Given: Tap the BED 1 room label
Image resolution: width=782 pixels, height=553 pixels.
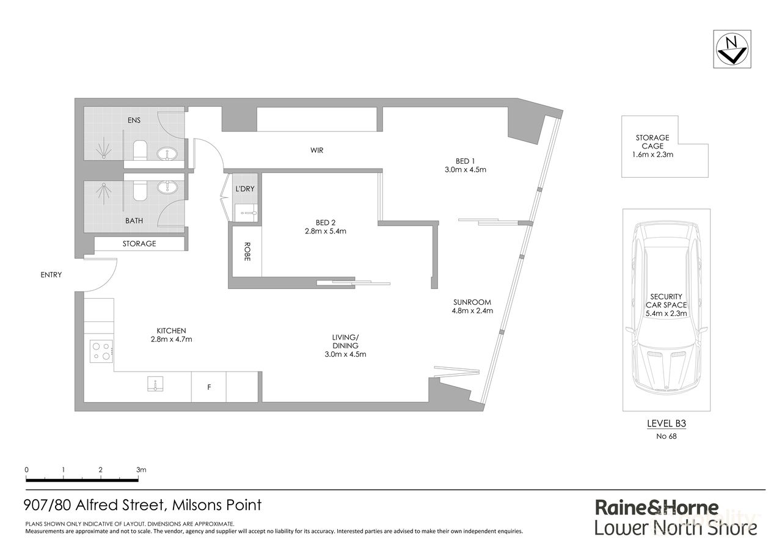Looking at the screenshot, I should tap(465, 161).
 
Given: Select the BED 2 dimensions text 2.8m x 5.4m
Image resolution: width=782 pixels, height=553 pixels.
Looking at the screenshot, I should tap(326, 232).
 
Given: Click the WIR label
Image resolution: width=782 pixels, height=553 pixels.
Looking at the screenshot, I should tap(316, 150).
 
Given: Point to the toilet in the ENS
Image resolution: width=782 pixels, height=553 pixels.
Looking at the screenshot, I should tap(139, 150).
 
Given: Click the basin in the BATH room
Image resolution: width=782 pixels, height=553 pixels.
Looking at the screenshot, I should tap(166, 188).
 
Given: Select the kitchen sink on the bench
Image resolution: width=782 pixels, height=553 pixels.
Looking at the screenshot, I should tap(155, 384).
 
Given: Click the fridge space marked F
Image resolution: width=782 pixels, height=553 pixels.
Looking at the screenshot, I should tap(209, 387).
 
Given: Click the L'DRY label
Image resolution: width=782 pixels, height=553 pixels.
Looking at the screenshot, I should tap(245, 189).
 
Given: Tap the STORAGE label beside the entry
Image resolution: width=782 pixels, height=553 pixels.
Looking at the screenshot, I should tap(139, 243).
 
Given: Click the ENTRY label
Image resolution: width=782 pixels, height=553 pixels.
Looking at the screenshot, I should tap(51, 275).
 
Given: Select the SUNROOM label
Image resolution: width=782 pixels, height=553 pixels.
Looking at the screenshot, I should tap(472, 302).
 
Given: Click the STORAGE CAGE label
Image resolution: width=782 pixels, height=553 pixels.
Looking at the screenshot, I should tap(652, 142).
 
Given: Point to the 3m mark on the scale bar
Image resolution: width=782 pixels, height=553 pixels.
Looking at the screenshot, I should tap(141, 470).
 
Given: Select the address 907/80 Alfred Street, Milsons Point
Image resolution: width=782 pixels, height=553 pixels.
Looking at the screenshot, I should tap(143, 505).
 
